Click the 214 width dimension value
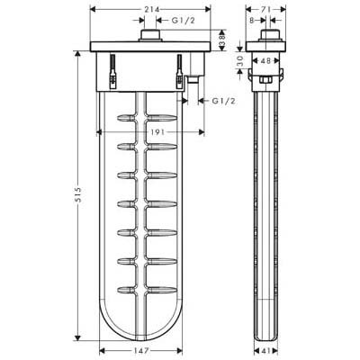(150, 10)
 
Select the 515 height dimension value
(77, 194)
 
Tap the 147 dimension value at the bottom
(140, 350)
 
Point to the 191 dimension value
(157, 132)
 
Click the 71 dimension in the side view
(265, 10)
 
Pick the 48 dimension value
(265, 61)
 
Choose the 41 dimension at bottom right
(265, 350)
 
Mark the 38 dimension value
(222, 40)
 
